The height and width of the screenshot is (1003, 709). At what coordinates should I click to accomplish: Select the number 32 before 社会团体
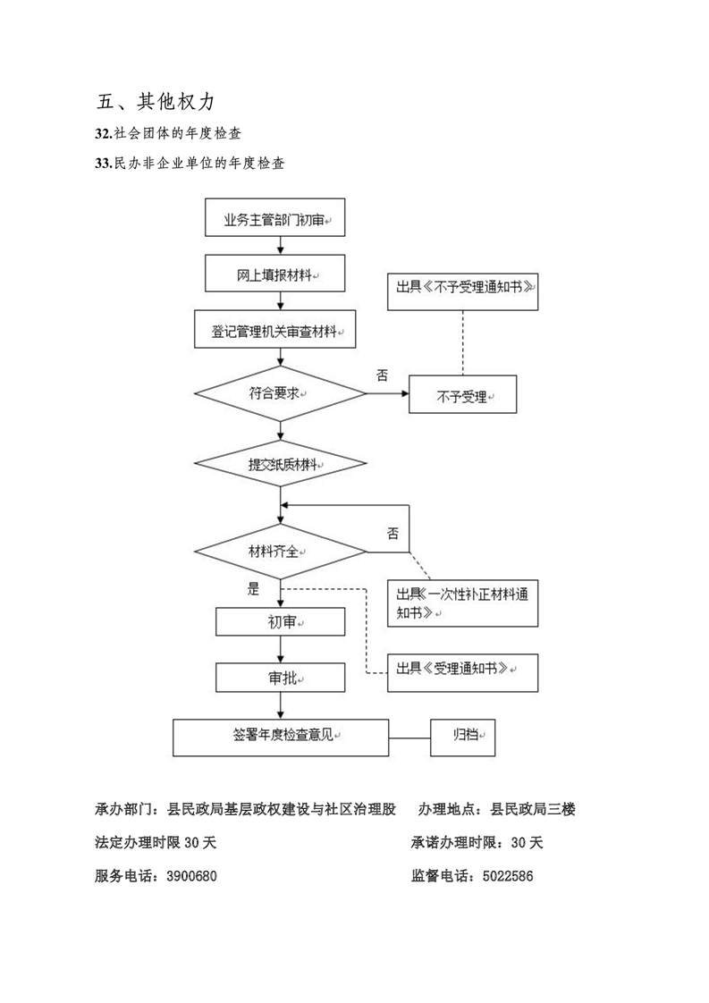pyautogui.click(x=101, y=133)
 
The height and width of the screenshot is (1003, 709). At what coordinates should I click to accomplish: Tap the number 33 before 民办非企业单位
pyautogui.click(x=101, y=164)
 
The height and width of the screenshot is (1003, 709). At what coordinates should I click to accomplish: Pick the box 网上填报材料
pyautogui.click(x=280, y=275)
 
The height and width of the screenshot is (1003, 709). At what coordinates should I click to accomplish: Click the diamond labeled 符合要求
pyautogui.click(x=280, y=392)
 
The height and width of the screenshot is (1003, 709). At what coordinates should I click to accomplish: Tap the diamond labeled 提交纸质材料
pyautogui.click(x=280, y=465)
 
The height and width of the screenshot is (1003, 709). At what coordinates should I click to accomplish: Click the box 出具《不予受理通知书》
pyautogui.click(x=462, y=290)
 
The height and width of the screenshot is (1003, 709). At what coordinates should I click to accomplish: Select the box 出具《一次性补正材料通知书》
pyautogui.click(x=462, y=605)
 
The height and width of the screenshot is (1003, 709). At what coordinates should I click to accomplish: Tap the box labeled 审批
pyautogui.click(x=280, y=678)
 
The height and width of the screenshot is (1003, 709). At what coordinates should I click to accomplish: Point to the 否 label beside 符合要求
pyautogui.click(x=382, y=375)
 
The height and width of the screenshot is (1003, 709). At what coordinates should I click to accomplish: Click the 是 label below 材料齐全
pyautogui.click(x=253, y=589)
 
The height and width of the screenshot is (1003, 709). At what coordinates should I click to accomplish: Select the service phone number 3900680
pyautogui.click(x=191, y=876)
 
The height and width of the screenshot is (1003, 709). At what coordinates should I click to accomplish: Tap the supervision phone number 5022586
pyautogui.click(x=508, y=876)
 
